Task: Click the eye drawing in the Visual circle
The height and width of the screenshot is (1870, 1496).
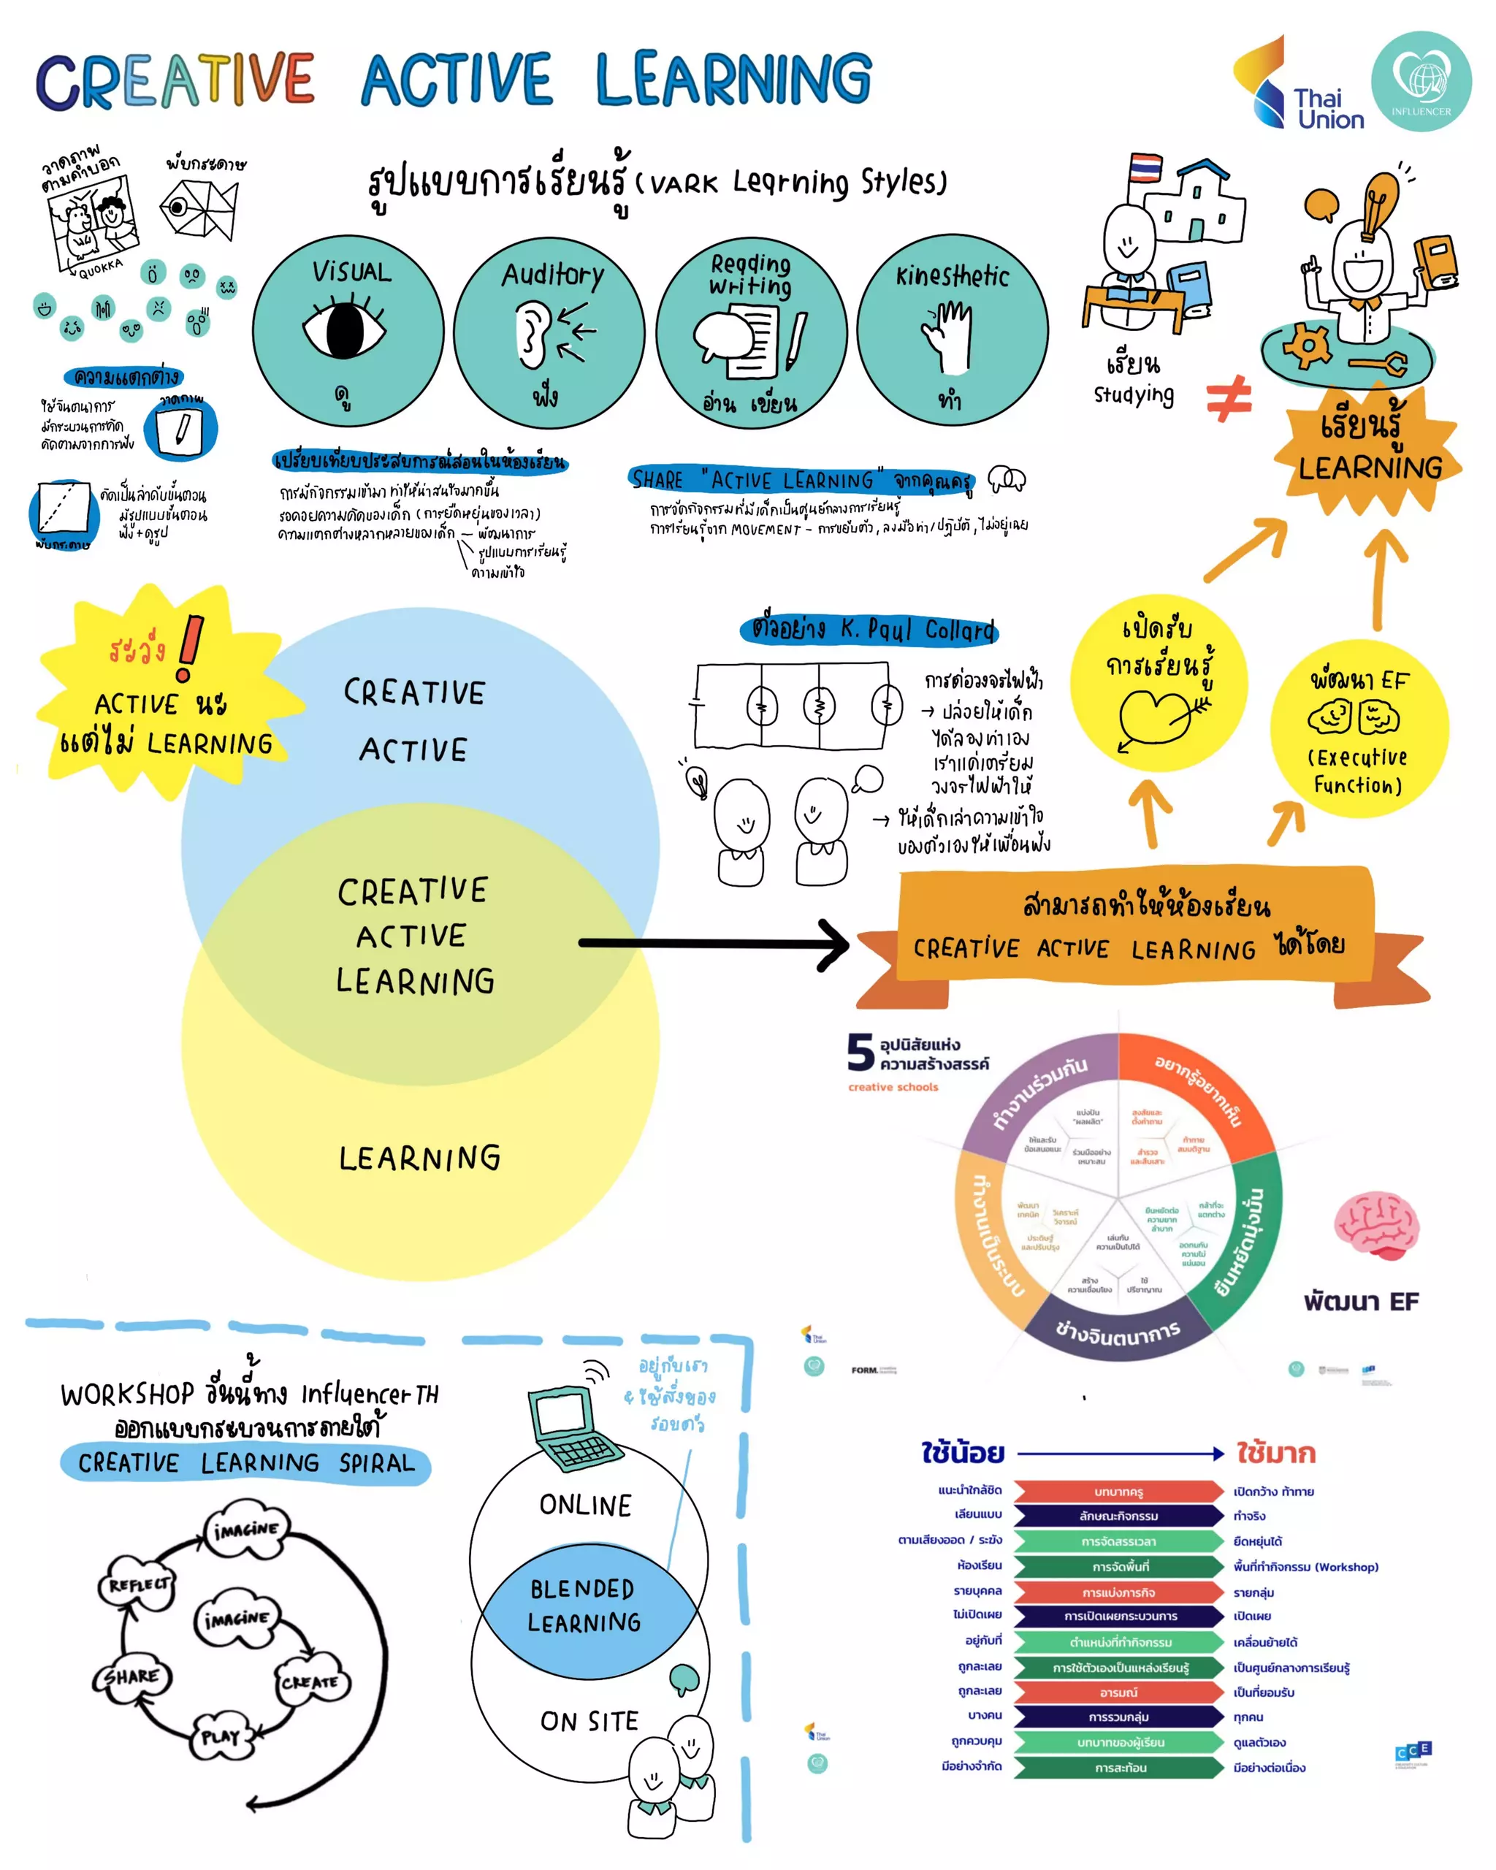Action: (344, 329)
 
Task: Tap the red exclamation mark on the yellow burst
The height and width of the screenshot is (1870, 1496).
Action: (190, 647)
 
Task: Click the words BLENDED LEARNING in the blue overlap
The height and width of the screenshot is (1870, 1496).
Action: (584, 1605)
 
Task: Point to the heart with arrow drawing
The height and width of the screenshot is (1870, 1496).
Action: (1158, 717)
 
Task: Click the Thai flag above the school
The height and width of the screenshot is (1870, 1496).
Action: (1145, 169)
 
